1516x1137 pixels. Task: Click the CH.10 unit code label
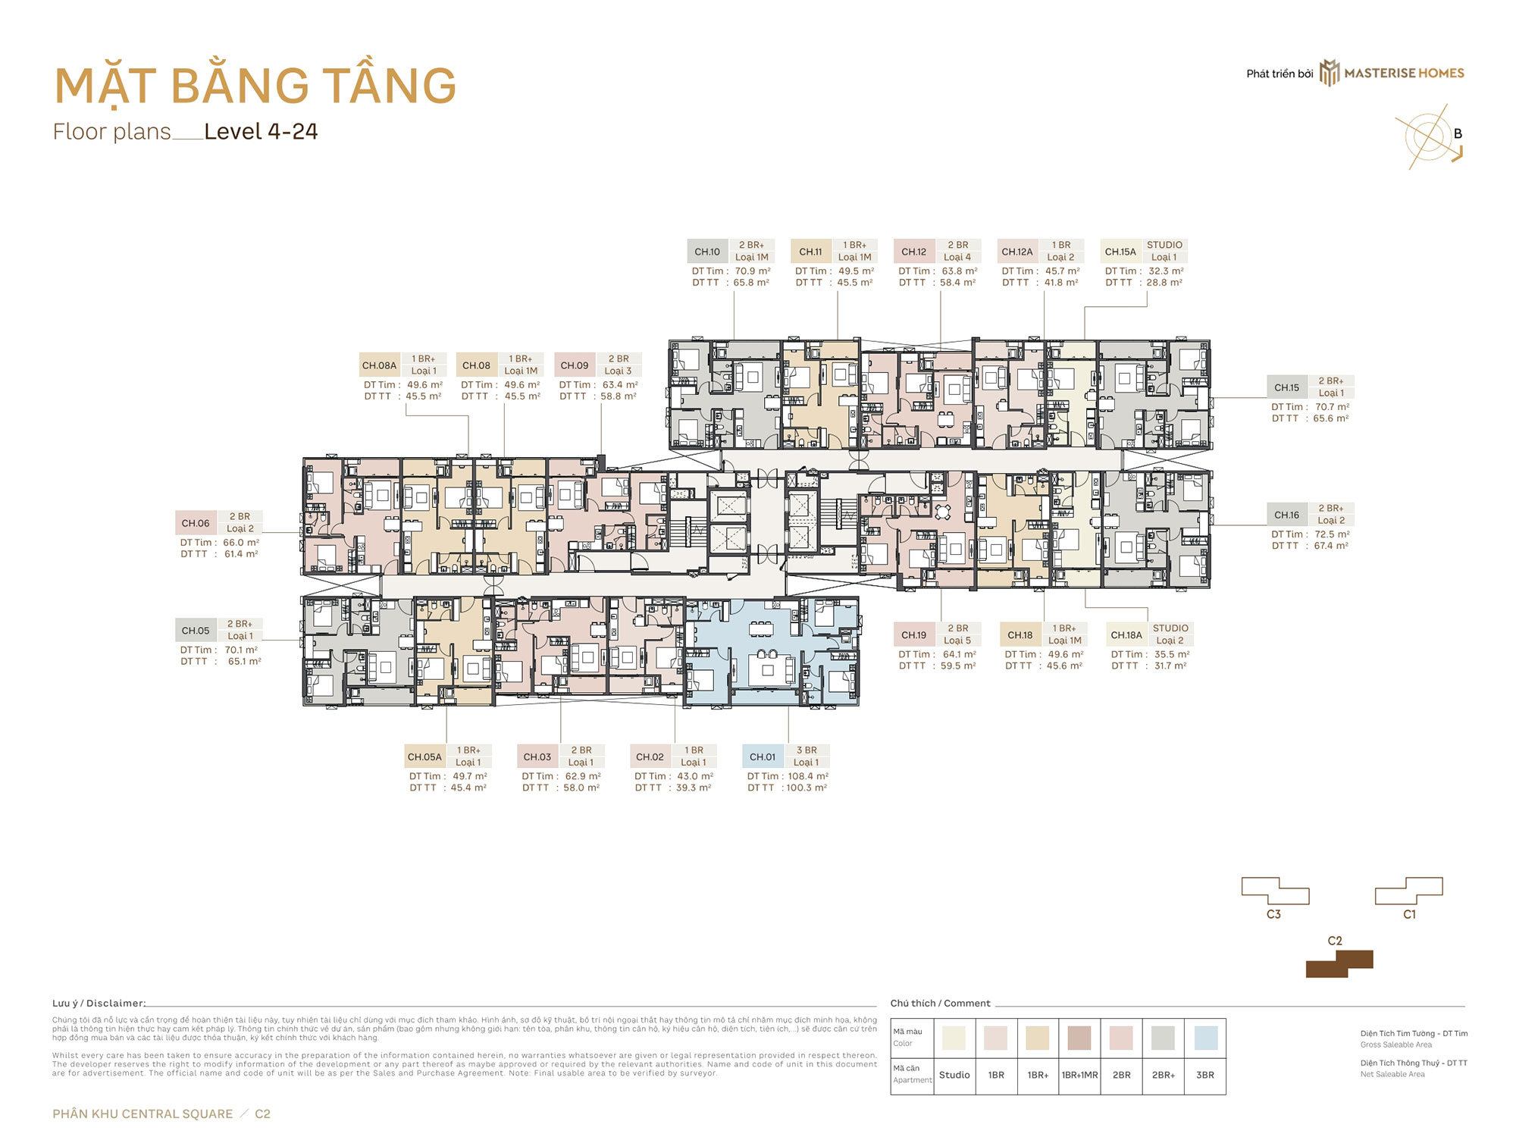707,252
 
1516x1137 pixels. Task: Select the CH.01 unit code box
763,756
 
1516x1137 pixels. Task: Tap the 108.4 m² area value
808,776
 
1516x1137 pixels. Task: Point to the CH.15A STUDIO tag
1164,245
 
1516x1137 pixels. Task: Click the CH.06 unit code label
196,523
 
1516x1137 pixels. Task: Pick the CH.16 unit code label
1286,515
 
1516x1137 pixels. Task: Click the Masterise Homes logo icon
1330,73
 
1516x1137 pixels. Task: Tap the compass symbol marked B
1430,137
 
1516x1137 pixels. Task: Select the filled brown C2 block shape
1339,964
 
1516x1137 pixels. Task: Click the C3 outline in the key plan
1275,891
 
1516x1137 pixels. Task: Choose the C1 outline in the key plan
1409,891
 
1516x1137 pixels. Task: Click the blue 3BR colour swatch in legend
1205,1038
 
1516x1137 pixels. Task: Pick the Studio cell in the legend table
954,1075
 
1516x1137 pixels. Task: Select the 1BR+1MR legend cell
1079,1075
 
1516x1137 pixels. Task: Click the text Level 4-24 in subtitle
261,132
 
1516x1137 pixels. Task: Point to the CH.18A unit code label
1126,635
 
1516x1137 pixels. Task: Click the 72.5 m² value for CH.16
1332,534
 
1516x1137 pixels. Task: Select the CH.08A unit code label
379,365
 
